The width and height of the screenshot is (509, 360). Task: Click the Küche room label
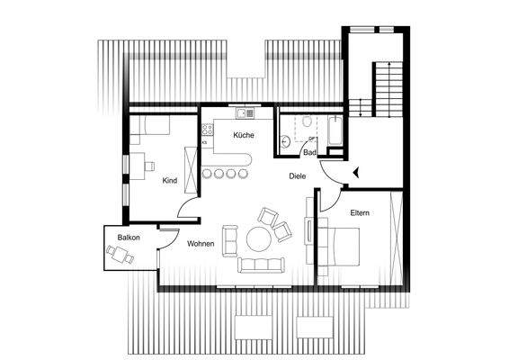(243, 135)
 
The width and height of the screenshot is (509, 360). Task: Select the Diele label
(299, 176)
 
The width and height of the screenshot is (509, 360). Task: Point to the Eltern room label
(362, 212)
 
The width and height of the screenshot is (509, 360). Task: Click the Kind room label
(169, 181)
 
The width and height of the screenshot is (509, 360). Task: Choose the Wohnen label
(200, 244)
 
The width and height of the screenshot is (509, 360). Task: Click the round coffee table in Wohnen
(260, 239)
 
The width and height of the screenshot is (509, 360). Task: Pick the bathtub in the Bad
(334, 133)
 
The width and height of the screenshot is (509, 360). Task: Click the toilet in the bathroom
(306, 121)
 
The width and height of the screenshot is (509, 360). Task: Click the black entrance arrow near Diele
(357, 171)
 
